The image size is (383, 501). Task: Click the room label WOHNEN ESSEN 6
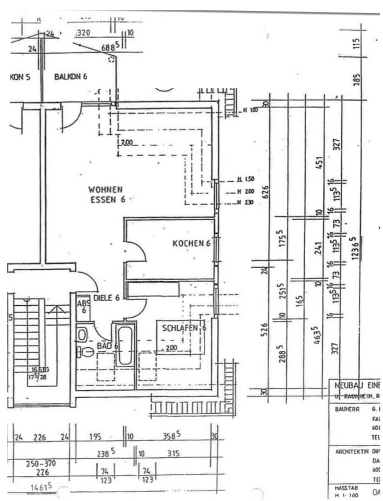pos(106,194)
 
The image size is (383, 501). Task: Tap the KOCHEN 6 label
pos(191,244)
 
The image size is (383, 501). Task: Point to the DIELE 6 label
pos(107,297)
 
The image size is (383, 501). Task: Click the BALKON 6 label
pos(71,77)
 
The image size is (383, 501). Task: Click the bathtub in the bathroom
pos(124,345)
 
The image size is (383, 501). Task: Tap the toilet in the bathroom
pos(87,352)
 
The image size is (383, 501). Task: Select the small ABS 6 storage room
pos(83,306)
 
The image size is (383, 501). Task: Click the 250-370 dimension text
pos(41,463)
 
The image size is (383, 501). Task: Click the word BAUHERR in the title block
pos(345,410)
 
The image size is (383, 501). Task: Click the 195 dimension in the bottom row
pos(95,437)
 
